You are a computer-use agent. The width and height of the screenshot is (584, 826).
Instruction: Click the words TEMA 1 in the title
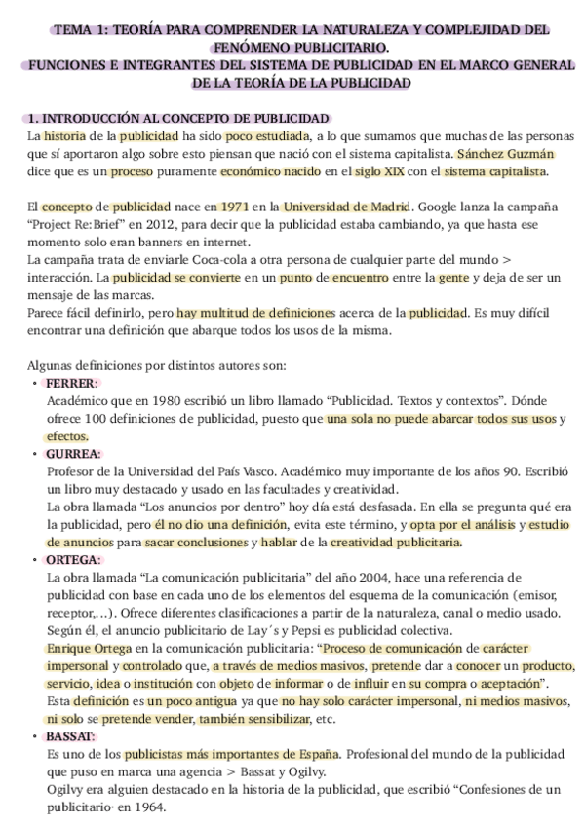(83, 31)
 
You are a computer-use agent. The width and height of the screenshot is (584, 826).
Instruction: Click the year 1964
(161, 807)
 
